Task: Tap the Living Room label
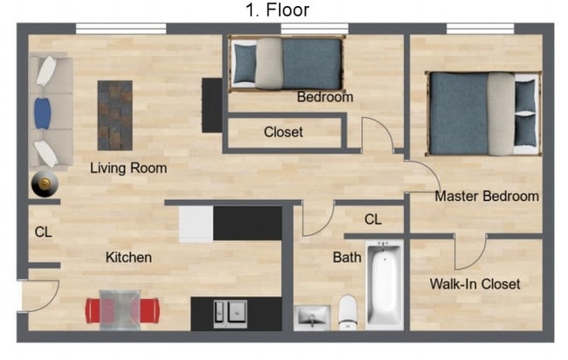pos(128,168)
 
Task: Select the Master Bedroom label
pos(487,196)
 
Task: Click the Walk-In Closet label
pos(474,284)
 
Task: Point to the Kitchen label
pos(128,257)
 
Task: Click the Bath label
pos(347,258)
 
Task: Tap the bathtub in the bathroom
pos(384,283)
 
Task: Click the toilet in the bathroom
pos(349,312)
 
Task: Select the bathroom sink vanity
pos(312,317)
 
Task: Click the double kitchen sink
pos(230,313)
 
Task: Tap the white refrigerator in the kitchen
pos(196,224)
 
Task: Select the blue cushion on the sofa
pos(42,113)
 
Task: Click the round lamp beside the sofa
pos(42,183)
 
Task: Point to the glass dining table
pos(121,309)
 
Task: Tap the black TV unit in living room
pos(211,105)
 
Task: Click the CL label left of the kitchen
pos(43,232)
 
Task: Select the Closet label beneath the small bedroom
pos(283,132)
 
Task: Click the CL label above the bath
pos(373,219)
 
